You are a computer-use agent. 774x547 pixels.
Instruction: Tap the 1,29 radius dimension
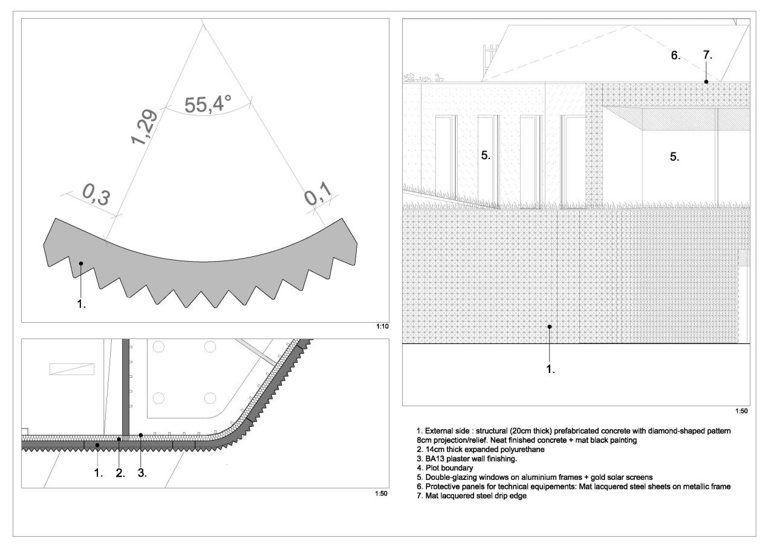(144, 127)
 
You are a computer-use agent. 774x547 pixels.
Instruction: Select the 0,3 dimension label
(96, 195)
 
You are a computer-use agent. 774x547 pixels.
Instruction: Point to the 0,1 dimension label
(318, 194)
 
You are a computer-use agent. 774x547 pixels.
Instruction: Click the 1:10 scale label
(383, 326)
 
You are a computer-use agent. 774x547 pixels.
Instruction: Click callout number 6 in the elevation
(675, 55)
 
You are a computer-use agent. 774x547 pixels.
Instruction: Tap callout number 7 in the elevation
(707, 54)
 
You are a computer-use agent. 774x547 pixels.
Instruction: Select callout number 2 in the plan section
(120, 473)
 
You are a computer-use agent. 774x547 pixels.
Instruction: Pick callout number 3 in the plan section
(142, 473)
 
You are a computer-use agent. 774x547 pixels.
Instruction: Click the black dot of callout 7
(706, 82)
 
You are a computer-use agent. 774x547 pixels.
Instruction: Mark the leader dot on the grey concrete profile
(81, 264)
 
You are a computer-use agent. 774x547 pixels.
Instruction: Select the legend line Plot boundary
(445, 468)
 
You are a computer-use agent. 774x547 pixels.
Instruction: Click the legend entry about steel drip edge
(472, 496)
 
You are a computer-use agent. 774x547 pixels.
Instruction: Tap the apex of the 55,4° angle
(202, 21)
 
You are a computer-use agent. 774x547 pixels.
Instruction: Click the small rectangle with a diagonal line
(72, 369)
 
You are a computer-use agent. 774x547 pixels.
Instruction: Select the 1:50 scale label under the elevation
(741, 411)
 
